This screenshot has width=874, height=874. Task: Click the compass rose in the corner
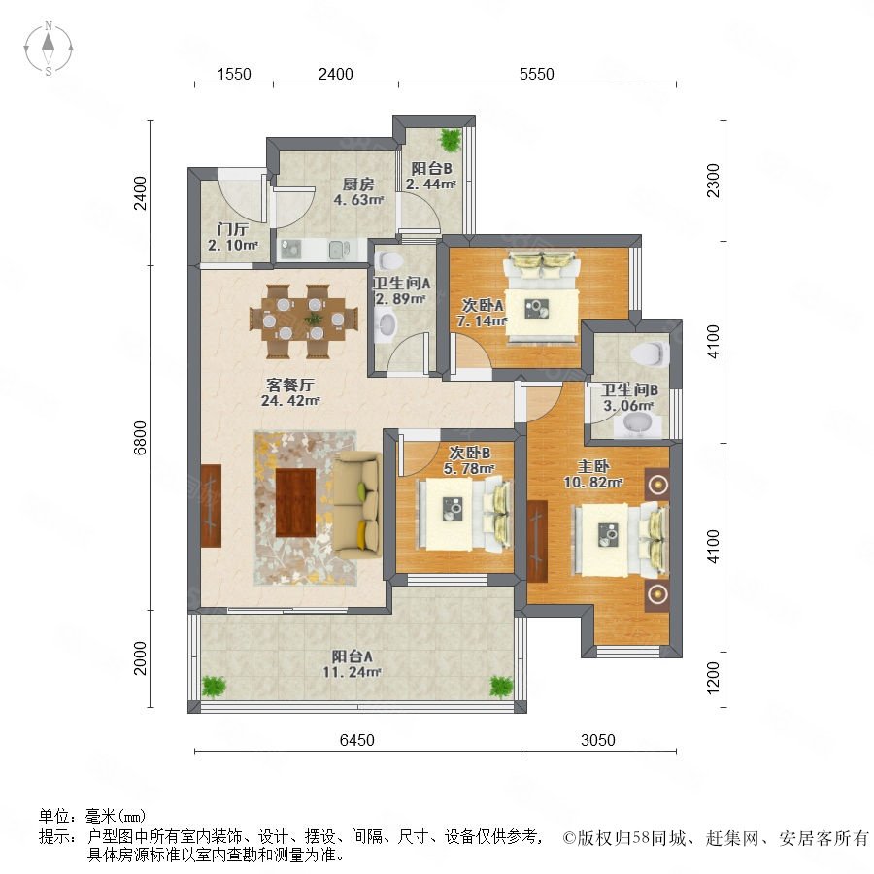pos(49,49)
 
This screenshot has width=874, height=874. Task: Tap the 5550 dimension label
pos(537,74)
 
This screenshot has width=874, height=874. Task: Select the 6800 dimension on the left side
pos(140,438)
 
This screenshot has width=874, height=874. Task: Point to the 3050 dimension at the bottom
pos(598,740)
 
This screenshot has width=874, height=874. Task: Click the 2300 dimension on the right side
pos(713,180)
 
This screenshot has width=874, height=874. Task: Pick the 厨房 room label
pos(358,184)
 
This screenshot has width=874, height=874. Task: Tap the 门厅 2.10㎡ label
pos(233,237)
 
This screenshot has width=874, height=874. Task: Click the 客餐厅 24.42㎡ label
pos(289,392)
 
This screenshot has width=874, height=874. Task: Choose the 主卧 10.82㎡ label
pos(593,474)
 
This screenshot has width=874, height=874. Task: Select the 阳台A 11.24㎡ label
pos(352,664)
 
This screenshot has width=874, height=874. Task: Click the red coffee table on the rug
pos(295,502)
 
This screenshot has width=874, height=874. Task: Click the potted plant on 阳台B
pos(451,139)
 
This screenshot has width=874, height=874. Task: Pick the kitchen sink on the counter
pos(337,250)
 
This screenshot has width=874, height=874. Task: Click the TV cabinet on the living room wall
pos(211,506)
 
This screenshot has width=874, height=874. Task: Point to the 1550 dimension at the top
pos(234,74)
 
